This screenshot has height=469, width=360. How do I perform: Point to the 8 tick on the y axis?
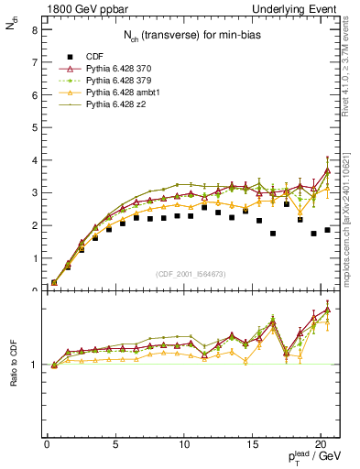[34, 29]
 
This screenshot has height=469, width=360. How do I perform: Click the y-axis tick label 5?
[34, 127]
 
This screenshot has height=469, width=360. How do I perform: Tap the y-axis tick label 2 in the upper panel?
[34, 225]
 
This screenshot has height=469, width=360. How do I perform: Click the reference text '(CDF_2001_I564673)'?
[189, 273]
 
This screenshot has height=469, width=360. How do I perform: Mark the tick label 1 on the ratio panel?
[34, 365]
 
